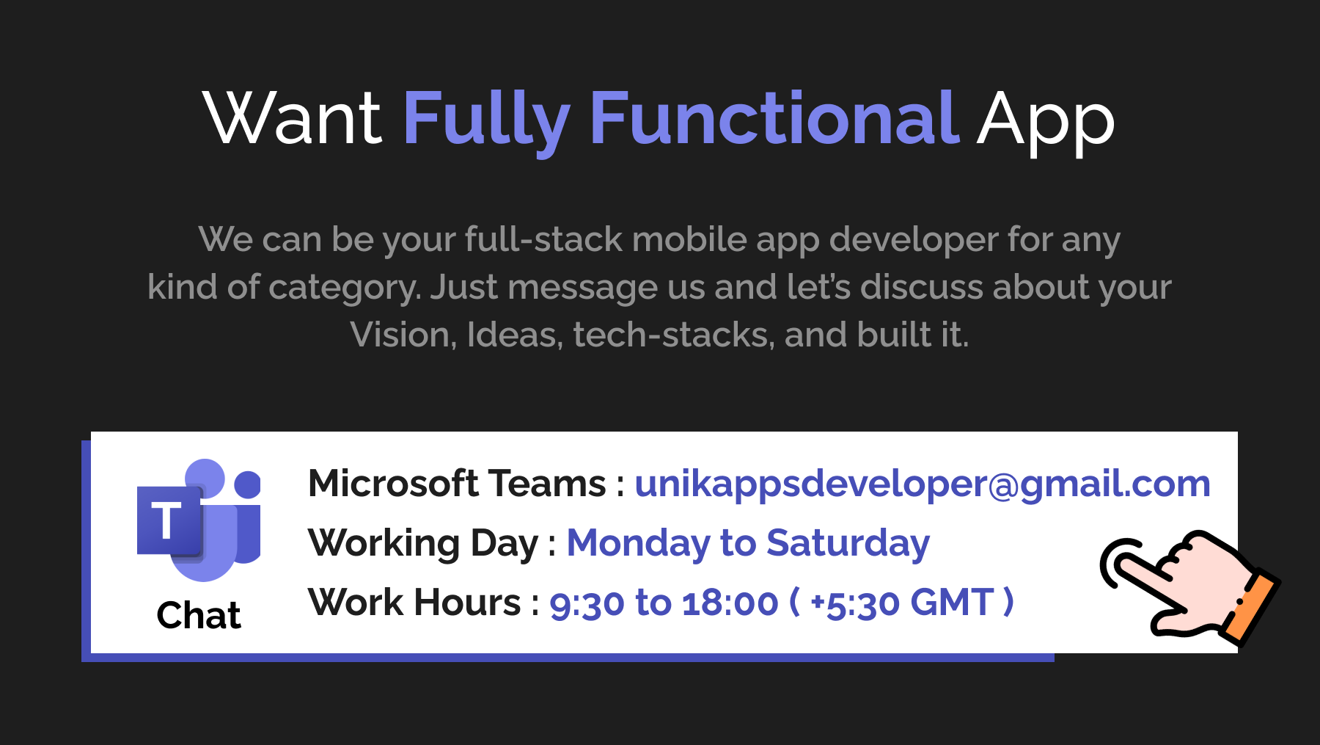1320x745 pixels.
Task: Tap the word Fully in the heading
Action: click(487, 121)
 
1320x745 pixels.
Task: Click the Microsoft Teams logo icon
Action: click(199, 520)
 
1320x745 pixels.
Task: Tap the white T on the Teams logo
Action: click(166, 520)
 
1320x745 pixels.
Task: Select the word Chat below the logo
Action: click(199, 615)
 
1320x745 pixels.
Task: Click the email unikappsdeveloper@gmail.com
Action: click(923, 485)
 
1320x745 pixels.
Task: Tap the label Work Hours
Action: click(415, 603)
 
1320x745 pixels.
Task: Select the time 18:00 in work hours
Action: click(730, 603)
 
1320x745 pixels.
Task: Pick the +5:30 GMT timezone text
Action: click(903, 603)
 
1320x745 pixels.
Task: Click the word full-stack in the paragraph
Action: click(543, 239)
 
